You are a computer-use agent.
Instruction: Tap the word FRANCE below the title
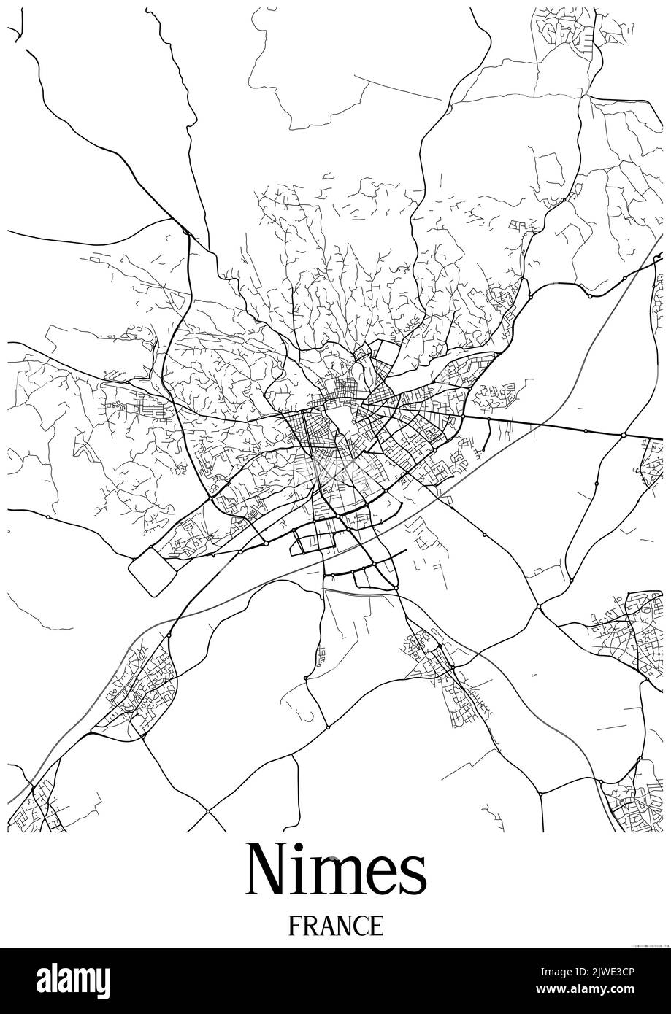(x=335, y=926)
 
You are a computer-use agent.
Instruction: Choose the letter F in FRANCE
(x=294, y=926)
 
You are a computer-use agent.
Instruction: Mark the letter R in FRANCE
(x=309, y=926)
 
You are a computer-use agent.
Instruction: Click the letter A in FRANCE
(x=325, y=926)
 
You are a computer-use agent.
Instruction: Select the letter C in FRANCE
(x=361, y=926)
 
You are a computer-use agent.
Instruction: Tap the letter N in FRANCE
(x=342, y=926)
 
